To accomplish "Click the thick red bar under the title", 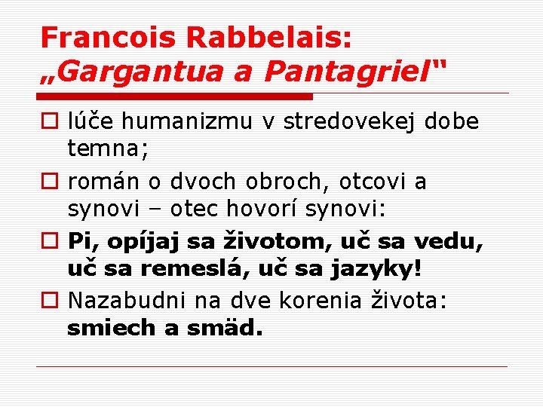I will (x=174, y=96).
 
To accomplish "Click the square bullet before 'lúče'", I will (x=50, y=122).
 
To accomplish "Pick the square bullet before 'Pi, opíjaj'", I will (x=50, y=242).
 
